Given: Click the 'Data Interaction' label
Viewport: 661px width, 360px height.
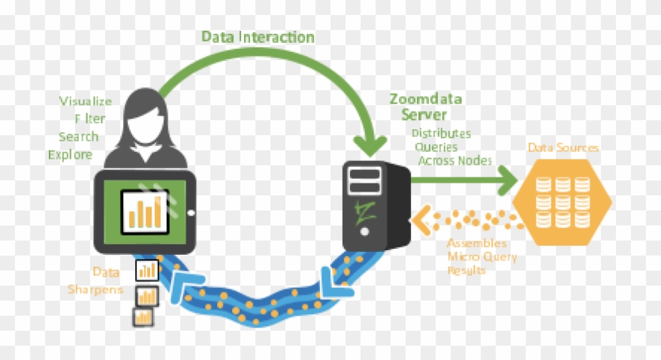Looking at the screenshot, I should point(258,36).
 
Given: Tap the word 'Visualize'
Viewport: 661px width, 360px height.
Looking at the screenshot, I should point(86,101).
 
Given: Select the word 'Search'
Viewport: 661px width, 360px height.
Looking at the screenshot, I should point(78,137).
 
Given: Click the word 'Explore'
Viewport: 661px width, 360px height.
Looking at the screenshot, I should point(70,155).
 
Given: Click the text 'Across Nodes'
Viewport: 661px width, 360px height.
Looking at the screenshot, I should point(455,160).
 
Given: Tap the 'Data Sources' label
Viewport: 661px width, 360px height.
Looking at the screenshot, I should point(563,147).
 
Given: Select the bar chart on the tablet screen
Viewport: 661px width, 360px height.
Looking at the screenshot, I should point(146,210).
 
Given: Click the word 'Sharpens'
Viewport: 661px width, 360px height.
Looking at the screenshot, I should point(95,289).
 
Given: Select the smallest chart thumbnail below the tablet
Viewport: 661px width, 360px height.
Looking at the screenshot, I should point(143,316).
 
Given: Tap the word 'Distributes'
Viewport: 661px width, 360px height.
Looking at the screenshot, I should point(440,134).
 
